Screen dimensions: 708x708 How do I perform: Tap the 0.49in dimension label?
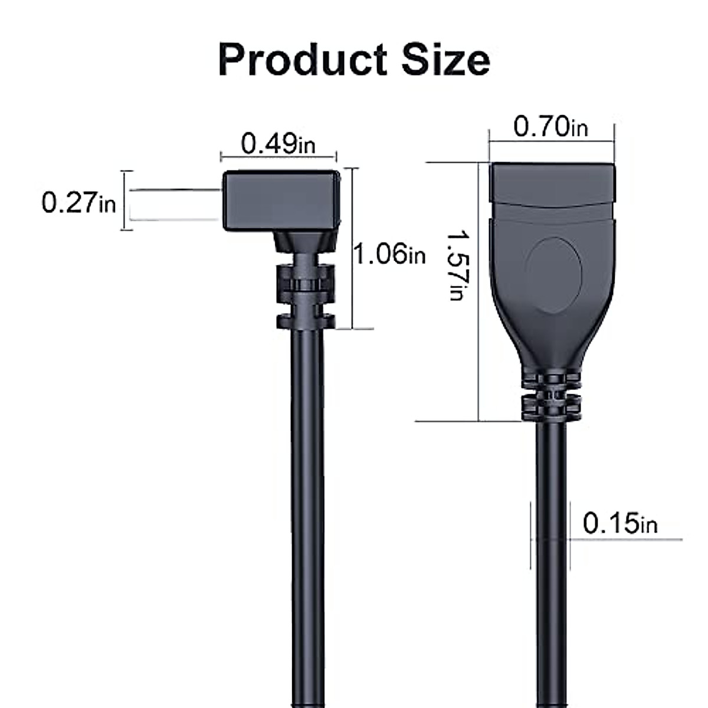point(278,144)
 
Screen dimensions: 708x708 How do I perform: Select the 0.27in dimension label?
point(78,202)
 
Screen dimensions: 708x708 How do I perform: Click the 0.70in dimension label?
point(550,127)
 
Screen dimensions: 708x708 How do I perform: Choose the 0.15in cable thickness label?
point(619,523)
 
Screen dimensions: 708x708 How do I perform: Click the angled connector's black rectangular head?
point(281,201)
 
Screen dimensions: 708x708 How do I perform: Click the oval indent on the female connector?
point(553,275)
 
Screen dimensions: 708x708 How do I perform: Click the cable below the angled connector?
point(307,501)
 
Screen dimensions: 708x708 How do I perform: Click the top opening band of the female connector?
point(552,183)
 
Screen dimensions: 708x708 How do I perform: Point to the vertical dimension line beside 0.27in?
point(124,201)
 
